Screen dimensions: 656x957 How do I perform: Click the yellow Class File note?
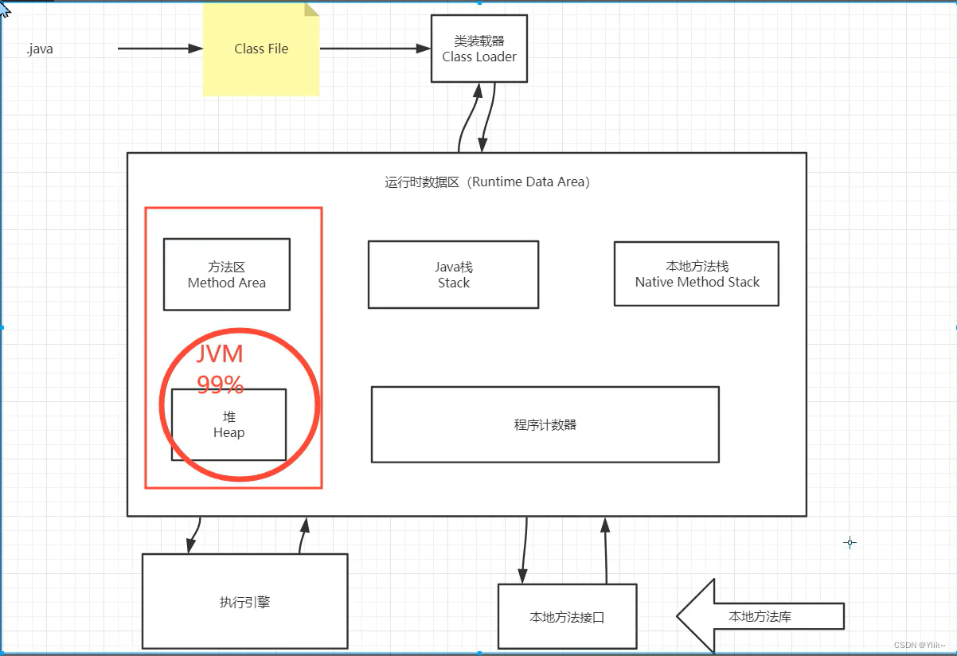[x=261, y=49]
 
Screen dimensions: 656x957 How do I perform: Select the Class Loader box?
[x=479, y=49]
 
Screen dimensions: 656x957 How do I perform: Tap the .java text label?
[x=40, y=49]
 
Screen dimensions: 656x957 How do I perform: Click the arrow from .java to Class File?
[x=160, y=49]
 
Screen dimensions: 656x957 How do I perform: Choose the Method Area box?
[x=227, y=275]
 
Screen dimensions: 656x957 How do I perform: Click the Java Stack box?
[x=453, y=275]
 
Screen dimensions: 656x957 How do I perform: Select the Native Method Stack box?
[x=697, y=274]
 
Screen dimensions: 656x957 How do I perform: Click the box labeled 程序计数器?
[x=545, y=424]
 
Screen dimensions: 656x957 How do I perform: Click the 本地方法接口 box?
[x=567, y=617]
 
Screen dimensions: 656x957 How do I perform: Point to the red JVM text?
[x=220, y=355]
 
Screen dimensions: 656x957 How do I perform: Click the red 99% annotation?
[x=221, y=385]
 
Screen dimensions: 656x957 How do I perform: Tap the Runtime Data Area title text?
[x=487, y=182]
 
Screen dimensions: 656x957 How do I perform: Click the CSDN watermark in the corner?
[x=920, y=645]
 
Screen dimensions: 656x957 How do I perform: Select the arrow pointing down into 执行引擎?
[x=193, y=535]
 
